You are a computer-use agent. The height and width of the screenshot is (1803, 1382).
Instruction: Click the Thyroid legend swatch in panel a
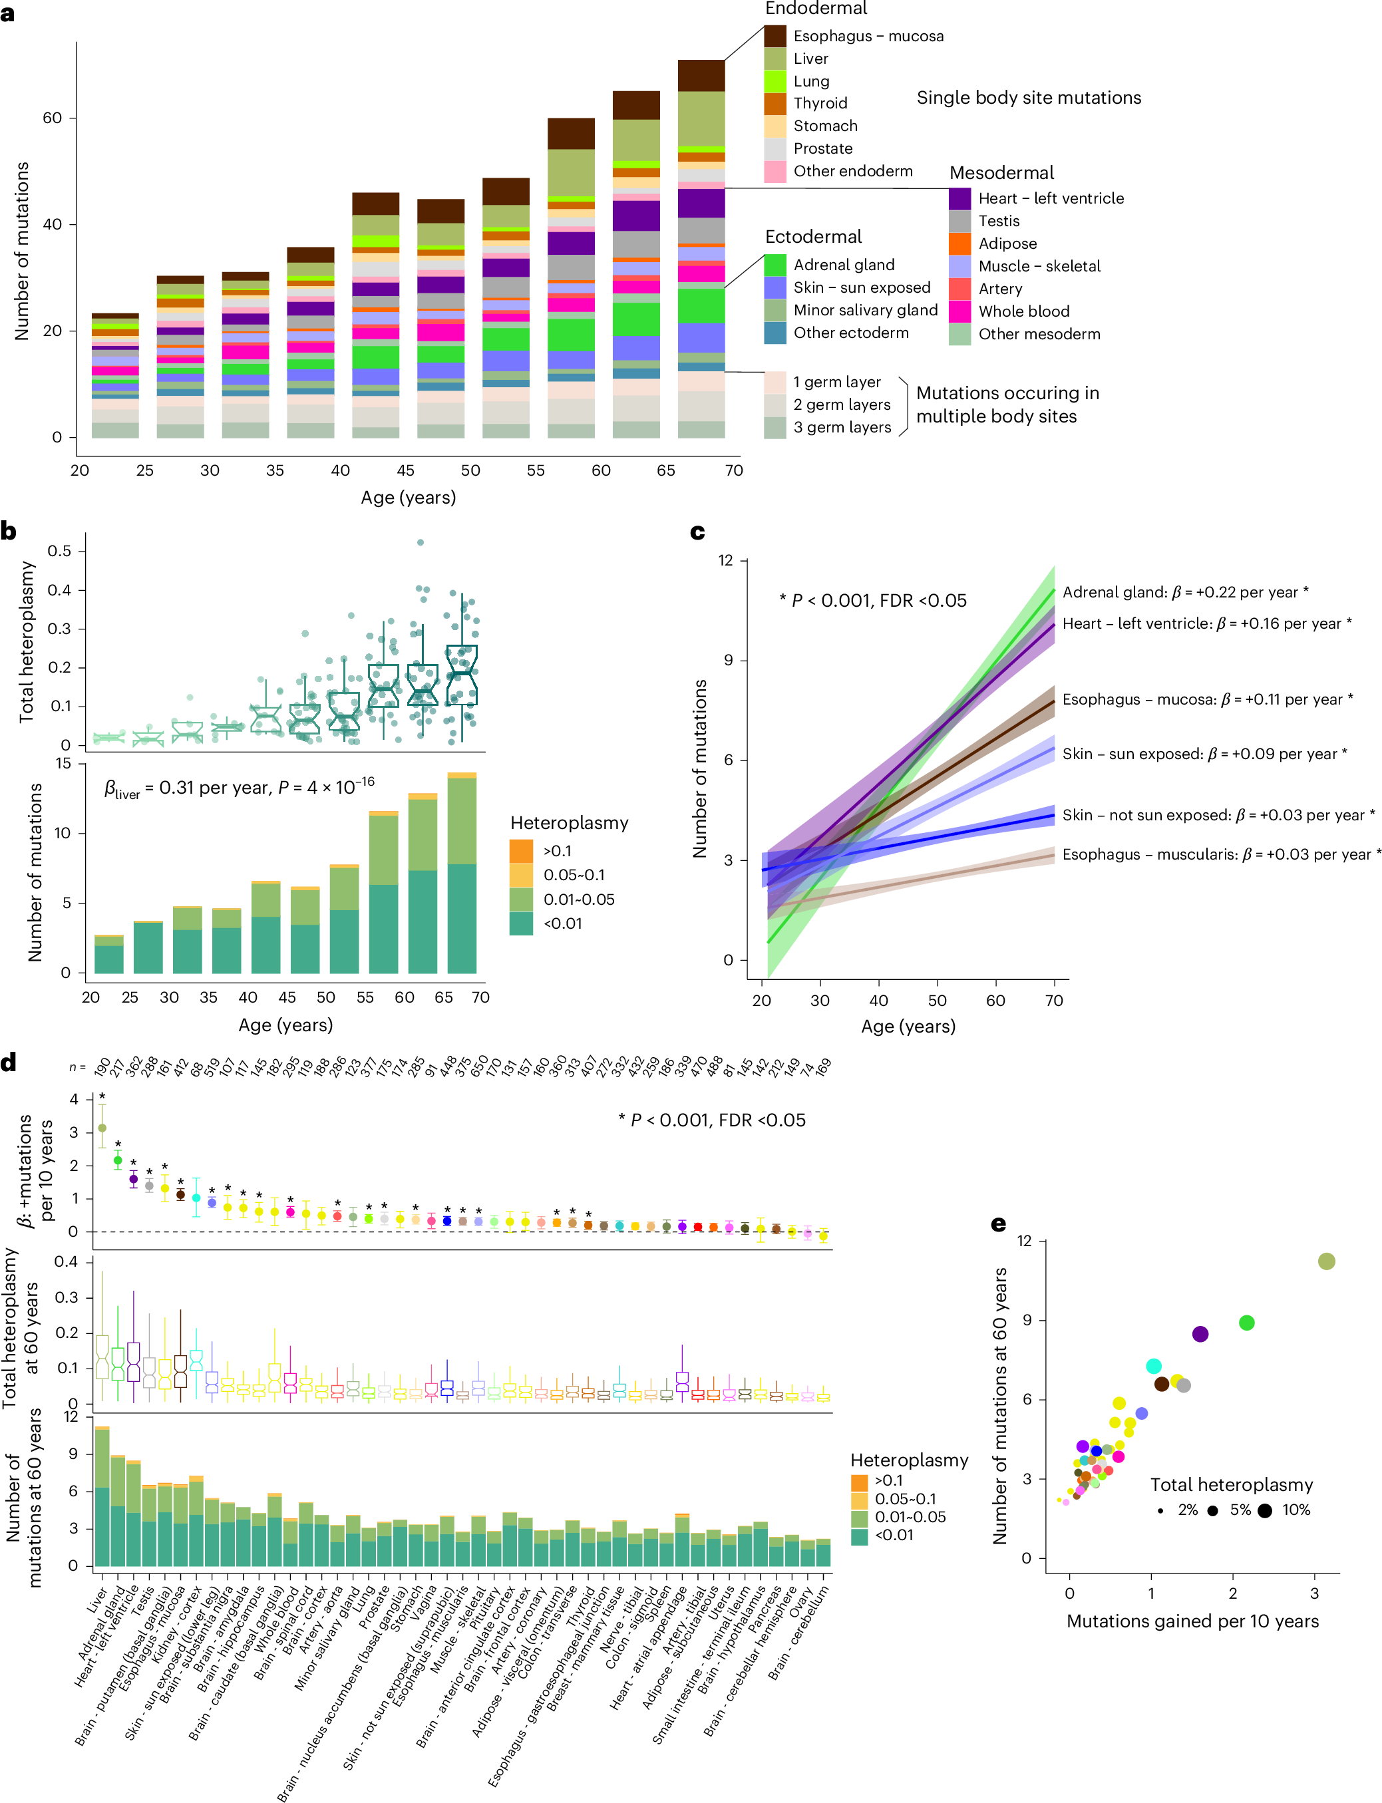775,104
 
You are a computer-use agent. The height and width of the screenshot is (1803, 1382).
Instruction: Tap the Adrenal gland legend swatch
775,265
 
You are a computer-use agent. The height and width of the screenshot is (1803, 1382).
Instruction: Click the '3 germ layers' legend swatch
775,428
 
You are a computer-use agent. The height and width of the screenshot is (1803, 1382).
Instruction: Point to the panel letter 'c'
697,532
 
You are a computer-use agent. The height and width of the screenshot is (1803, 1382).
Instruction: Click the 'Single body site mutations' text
1028,98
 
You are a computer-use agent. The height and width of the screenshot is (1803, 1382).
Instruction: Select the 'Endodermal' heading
816,9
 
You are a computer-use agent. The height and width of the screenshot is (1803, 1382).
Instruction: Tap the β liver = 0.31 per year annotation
239,788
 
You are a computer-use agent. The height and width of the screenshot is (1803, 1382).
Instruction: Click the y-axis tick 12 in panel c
725,561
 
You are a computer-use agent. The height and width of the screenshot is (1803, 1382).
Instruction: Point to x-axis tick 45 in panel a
406,470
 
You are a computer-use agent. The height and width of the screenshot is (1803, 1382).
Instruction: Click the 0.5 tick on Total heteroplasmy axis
59,551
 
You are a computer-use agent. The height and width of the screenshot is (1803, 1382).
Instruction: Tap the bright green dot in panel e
1246,1323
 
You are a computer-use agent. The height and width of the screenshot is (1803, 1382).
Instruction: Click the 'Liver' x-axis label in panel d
97,1600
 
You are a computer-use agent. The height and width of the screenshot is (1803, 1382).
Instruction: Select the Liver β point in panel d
102,1128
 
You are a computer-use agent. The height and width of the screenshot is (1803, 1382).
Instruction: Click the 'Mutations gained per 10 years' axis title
1192,1621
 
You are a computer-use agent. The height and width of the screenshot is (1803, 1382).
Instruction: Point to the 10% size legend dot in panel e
1264,1511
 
